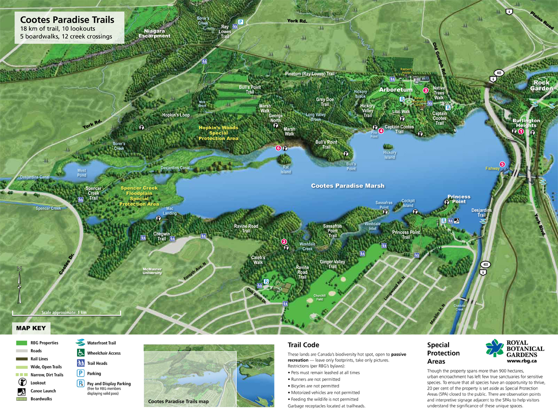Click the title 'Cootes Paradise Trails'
tap(67, 20)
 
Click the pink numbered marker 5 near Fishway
tap(502, 164)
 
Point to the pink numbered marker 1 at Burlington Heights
tap(521, 131)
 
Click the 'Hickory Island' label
tap(389, 155)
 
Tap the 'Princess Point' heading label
tap(458, 199)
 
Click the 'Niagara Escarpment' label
tap(155, 33)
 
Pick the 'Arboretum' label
tap(396, 90)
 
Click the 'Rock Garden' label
tap(542, 86)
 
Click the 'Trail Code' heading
tap(303, 345)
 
